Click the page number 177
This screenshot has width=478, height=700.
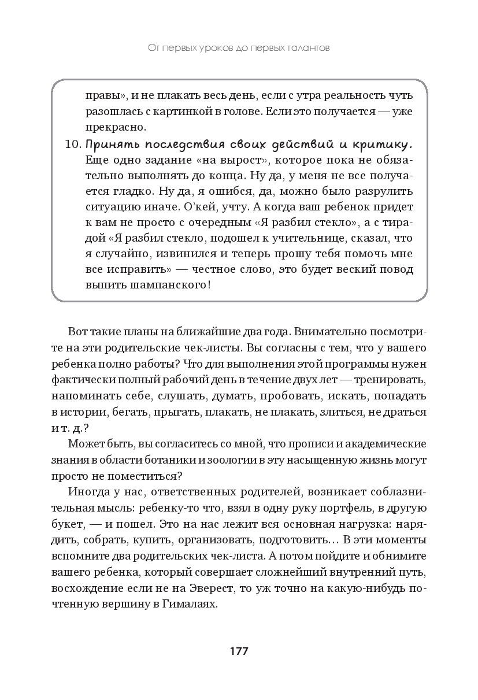pyautogui.click(x=239, y=651)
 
